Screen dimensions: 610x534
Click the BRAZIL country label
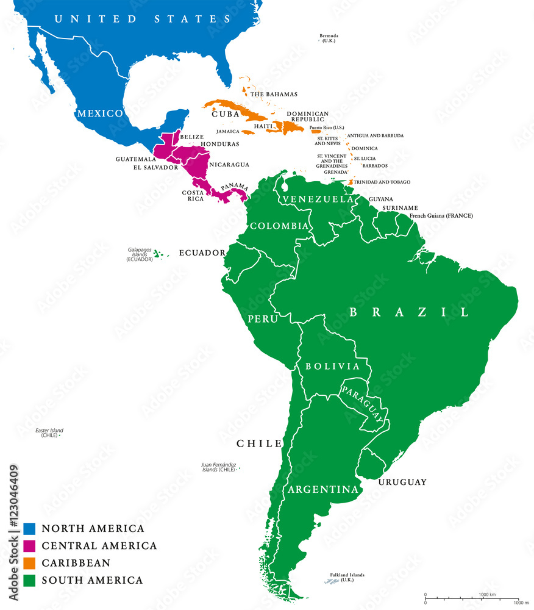pos(409,312)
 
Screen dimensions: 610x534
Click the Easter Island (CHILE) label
pos(49,432)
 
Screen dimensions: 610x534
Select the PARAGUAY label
pos(363,404)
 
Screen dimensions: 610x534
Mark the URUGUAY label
pos(402,482)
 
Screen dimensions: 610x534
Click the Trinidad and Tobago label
pos(383,182)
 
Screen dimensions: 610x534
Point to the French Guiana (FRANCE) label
pos(433,216)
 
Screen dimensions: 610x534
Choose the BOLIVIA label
pos(332,366)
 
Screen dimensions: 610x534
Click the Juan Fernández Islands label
pos(218,467)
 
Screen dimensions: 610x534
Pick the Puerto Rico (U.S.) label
pos(327,127)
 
